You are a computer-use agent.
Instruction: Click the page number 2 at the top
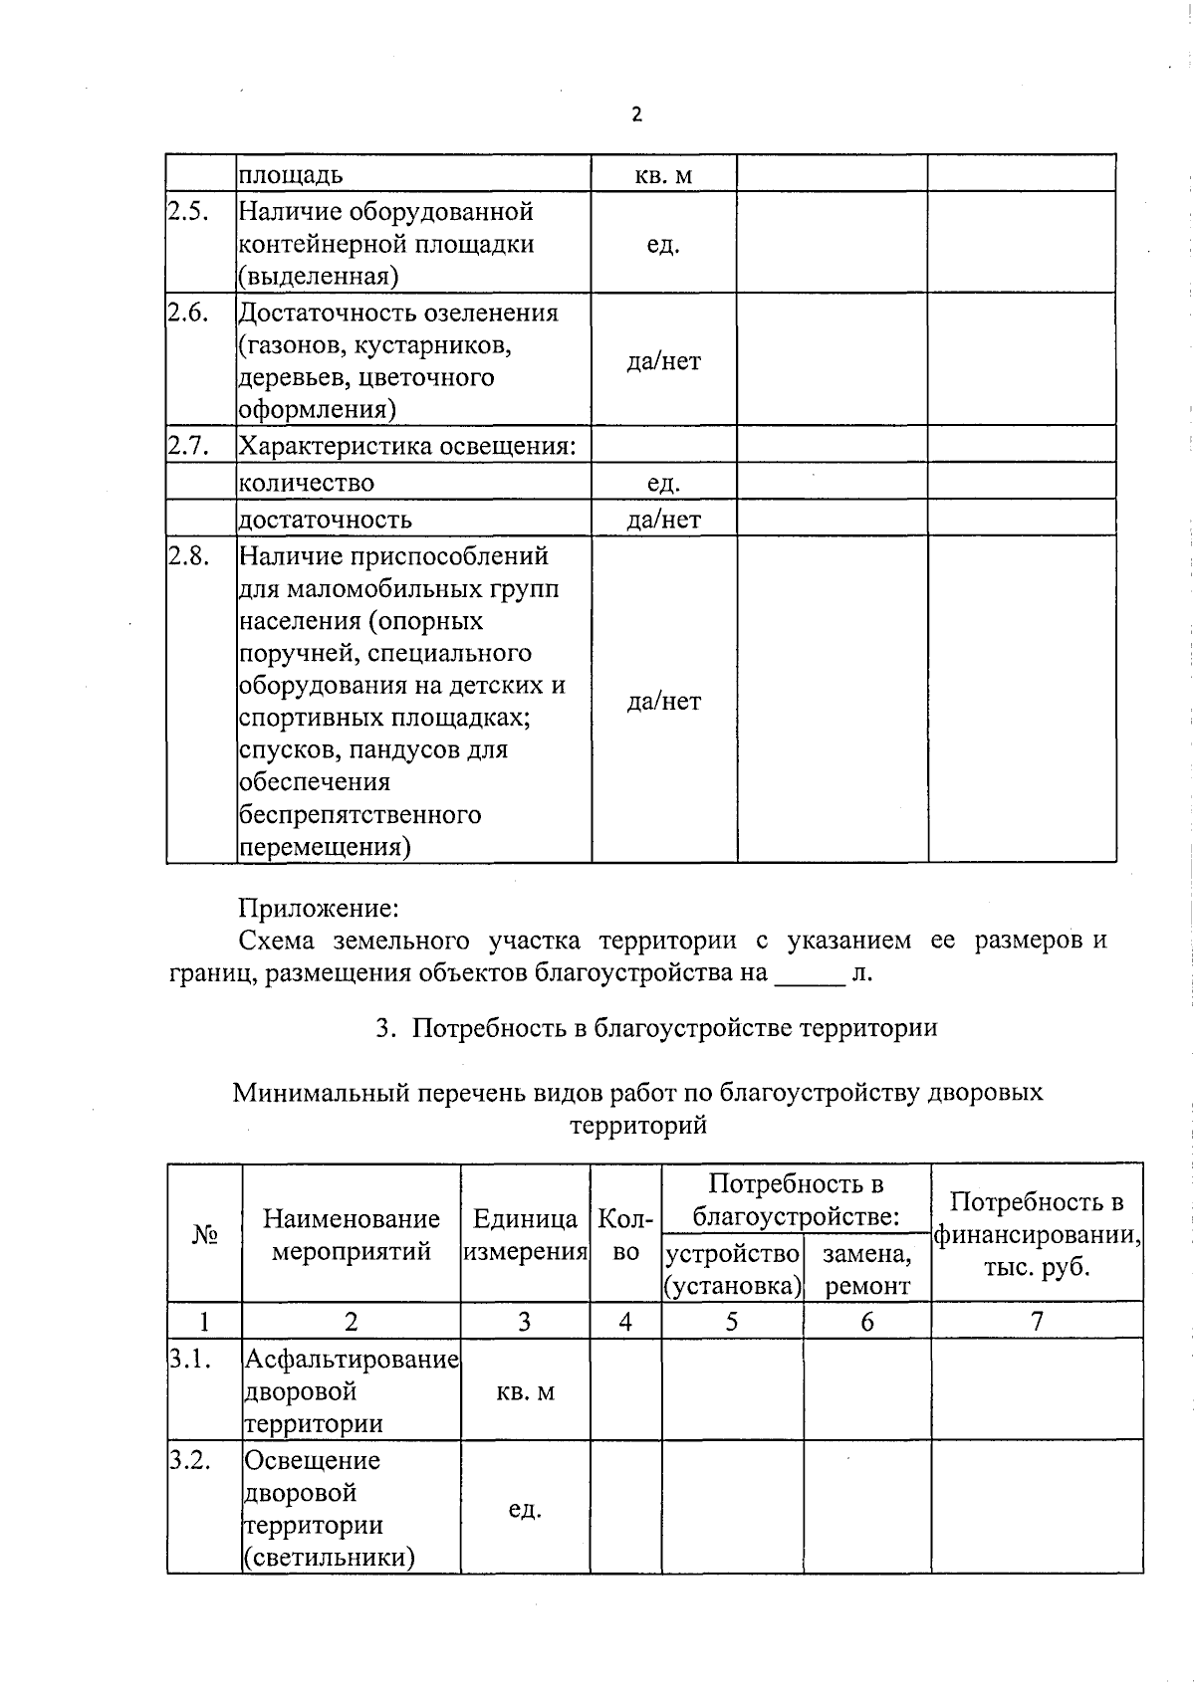[x=637, y=114]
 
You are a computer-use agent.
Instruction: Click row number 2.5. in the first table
[x=187, y=211]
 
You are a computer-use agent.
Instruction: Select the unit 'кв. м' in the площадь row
[x=663, y=176]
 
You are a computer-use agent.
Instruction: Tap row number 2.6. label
[x=187, y=313]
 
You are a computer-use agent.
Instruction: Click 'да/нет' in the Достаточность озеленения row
[x=663, y=361]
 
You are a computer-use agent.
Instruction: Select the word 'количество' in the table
[x=307, y=483]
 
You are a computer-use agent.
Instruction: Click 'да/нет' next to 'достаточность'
[x=663, y=520]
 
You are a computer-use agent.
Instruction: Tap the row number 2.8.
[x=188, y=556]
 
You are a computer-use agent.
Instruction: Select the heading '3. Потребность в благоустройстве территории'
[x=656, y=1027]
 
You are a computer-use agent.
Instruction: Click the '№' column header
[x=204, y=1234]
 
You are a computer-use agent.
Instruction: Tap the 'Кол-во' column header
[x=625, y=1235]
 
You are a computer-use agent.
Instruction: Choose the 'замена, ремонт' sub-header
[x=867, y=1269]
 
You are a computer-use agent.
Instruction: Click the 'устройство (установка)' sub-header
[x=733, y=1269]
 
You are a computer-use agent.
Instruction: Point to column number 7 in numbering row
[x=1037, y=1321]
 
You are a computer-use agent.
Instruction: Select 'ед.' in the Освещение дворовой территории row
[x=525, y=1509]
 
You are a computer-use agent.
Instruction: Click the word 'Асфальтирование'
[x=352, y=1359]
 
